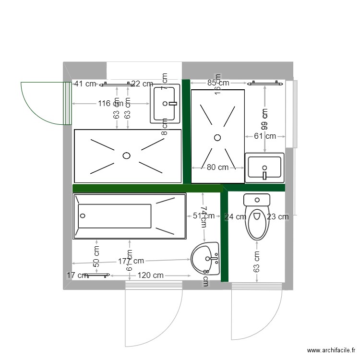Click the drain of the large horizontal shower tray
[x=127, y=155]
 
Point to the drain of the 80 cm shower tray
[x=217, y=137]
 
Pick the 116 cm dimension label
[x=110, y=103]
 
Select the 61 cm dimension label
[x=265, y=136]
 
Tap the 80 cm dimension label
[x=217, y=168]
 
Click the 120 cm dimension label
[x=150, y=276]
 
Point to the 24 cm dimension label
[x=235, y=216]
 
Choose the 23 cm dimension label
[x=278, y=216]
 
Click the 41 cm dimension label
[x=85, y=84]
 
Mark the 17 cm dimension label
[x=77, y=276]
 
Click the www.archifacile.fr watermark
[x=332, y=351]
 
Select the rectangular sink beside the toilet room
[x=264, y=168]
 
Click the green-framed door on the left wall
[x=67, y=103]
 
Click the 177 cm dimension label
[x=131, y=261]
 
